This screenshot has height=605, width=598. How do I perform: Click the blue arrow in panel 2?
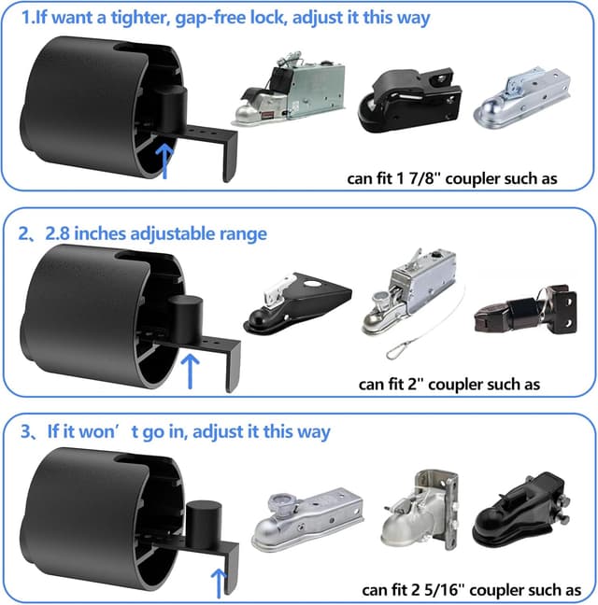pyautogui.click(x=192, y=371)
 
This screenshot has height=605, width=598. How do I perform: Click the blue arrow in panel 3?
pyautogui.click(x=220, y=583)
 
